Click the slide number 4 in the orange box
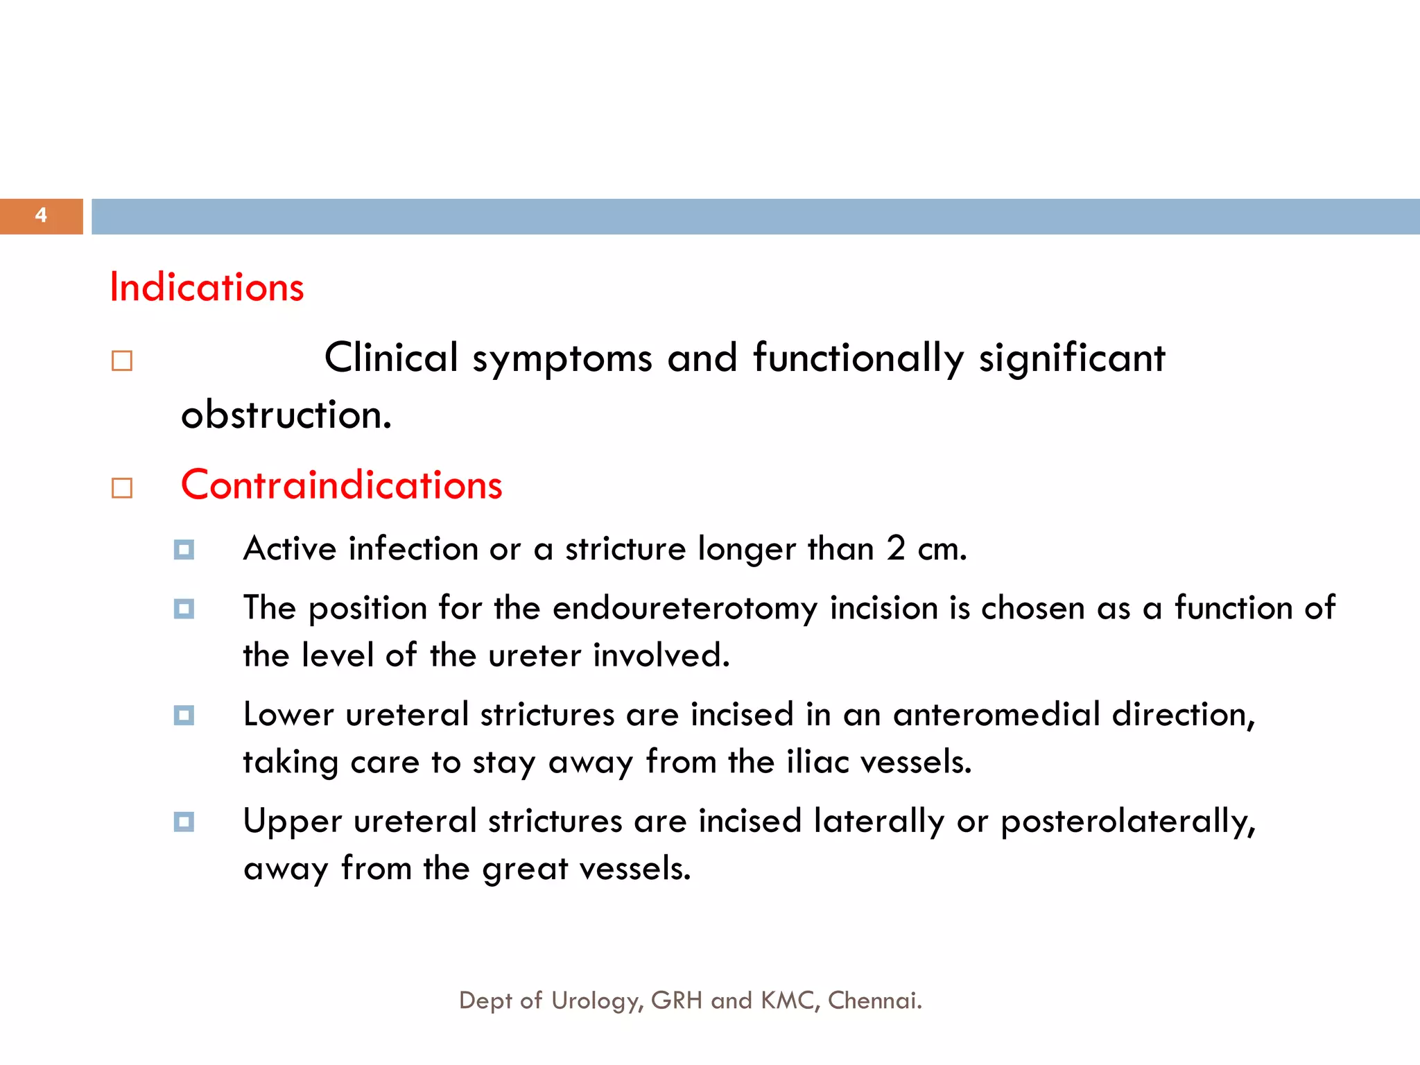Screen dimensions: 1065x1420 [41, 216]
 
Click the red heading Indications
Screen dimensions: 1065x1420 [207, 287]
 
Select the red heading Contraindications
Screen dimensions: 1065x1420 [341, 485]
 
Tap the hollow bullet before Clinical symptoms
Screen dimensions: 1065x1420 [122, 361]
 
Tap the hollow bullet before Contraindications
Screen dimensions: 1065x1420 [122, 488]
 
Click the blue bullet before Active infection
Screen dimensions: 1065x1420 [184, 551]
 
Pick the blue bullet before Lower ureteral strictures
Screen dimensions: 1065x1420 [184, 716]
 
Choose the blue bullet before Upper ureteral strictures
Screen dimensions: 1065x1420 [184, 822]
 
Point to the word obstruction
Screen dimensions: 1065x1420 [286, 415]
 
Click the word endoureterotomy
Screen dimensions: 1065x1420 [685, 609]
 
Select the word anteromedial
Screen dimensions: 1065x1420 [996, 715]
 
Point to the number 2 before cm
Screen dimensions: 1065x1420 [896, 549]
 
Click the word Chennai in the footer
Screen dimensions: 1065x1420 [874, 1001]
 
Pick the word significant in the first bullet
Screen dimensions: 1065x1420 [1071, 358]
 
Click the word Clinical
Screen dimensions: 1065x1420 [391, 358]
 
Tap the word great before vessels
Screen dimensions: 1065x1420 [525, 869]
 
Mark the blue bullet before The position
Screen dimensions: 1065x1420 [184, 609]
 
